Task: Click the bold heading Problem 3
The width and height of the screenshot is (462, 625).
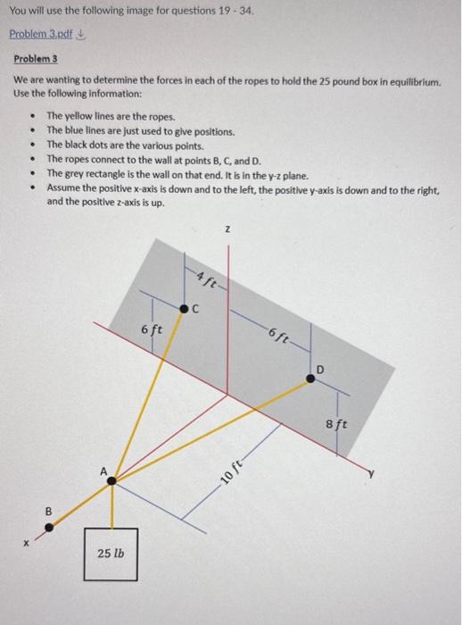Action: (34, 58)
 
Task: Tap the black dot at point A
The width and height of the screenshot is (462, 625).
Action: (111, 480)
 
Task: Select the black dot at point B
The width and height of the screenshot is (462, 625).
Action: (50, 527)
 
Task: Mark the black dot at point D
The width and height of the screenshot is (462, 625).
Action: (310, 379)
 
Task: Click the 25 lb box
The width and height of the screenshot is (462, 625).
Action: (111, 554)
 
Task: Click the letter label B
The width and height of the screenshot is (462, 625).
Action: (49, 512)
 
